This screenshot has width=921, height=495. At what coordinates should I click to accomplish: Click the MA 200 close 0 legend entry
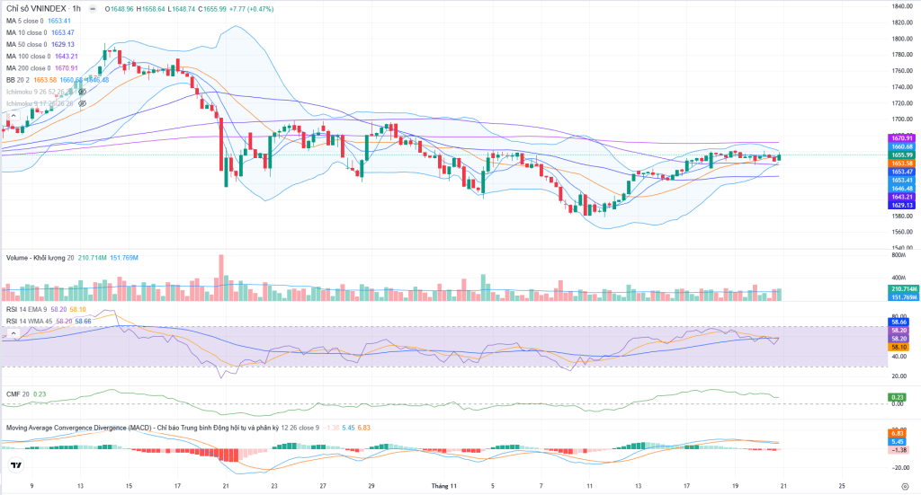[29, 68]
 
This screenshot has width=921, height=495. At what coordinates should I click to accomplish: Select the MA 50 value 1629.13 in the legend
[62, 44]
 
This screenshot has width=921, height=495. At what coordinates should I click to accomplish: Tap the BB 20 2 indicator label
[18, 80]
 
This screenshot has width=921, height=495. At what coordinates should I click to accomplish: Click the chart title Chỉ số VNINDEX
[33, 8]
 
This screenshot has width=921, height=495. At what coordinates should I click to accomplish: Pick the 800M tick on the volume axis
[897, 257]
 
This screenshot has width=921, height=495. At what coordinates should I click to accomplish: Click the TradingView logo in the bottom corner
[15, 465]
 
